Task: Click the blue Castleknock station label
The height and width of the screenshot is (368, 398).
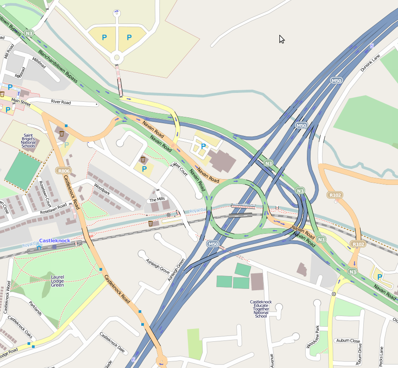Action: [55, 240]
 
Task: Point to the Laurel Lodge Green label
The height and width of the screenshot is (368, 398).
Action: [57, 281]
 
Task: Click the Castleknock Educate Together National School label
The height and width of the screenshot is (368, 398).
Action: [261, 309]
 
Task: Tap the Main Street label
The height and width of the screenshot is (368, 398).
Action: [21, 102]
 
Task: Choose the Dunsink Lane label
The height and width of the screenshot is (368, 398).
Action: [370, 64]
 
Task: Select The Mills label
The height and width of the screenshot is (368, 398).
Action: [157, 200]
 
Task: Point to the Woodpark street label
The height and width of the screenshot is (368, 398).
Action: [102, 189]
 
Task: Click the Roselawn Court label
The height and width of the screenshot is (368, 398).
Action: [45, 194]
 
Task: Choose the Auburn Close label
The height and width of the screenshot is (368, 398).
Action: [348, 341]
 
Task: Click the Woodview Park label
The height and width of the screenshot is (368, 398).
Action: [312, 337]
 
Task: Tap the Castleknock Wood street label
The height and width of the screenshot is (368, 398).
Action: [7, 296]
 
